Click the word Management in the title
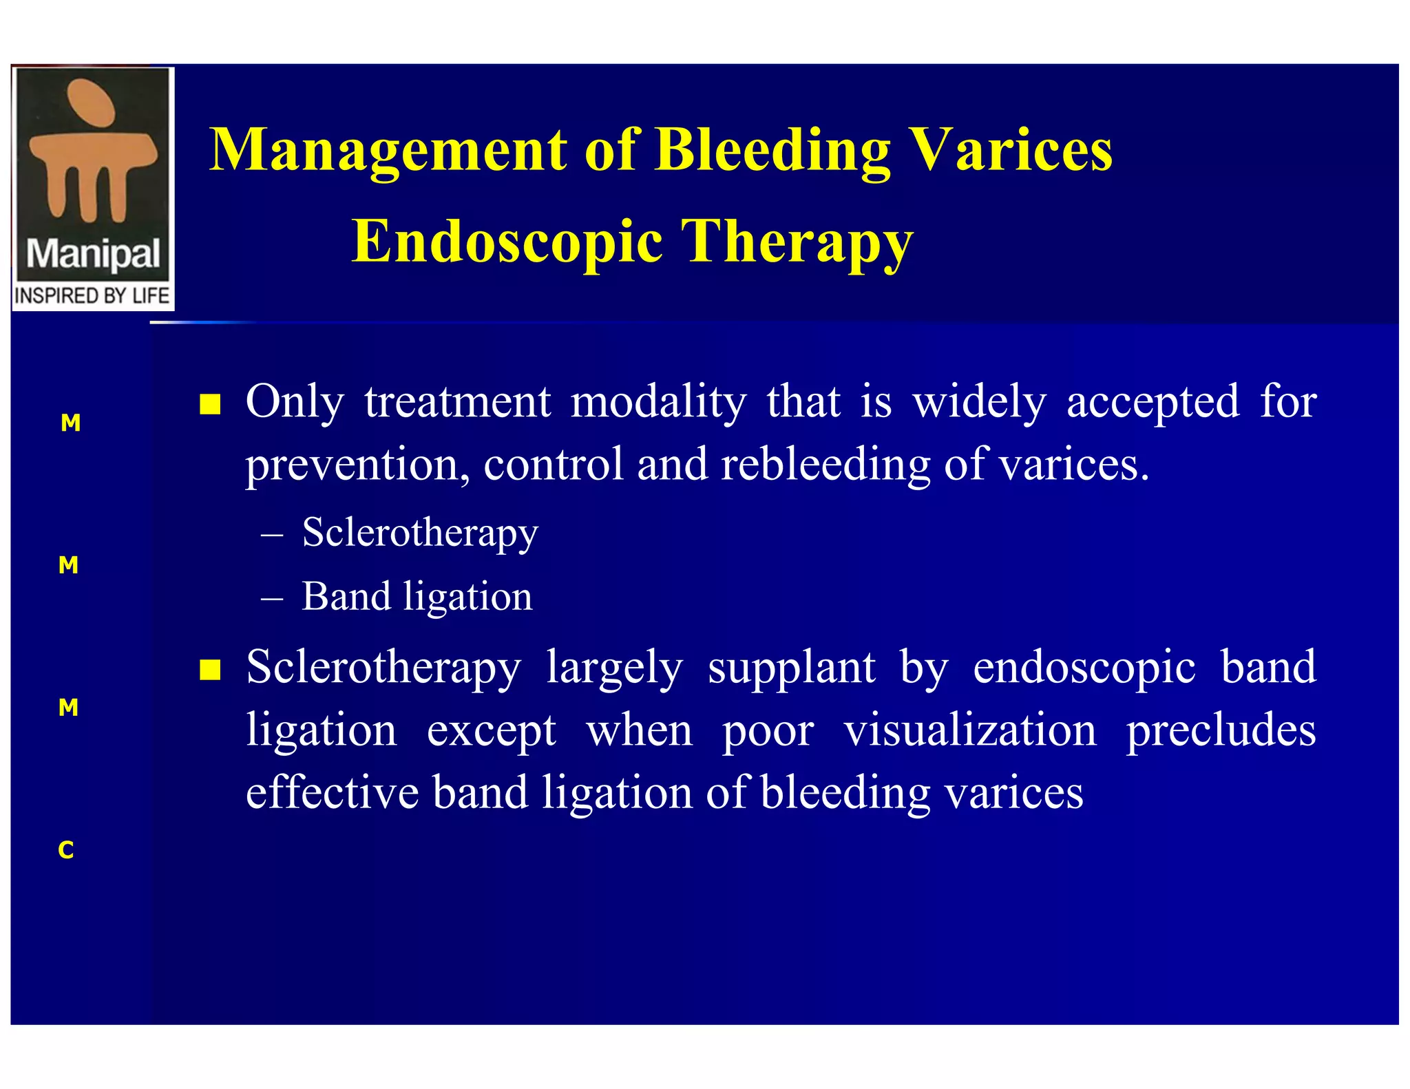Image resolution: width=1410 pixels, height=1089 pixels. [x=388, y=150]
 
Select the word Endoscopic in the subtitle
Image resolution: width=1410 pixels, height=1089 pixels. [x=507, y=242]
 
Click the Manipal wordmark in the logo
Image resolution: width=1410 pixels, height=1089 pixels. [x=93, y=255]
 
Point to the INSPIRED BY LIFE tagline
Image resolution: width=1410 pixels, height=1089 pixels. [x=92, y=296]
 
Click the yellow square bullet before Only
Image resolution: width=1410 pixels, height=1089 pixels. [x=210, y=404]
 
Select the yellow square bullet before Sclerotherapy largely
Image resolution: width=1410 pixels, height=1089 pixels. [x=210, y=669]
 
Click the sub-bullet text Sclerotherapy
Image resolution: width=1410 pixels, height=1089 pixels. [x=419, y=533]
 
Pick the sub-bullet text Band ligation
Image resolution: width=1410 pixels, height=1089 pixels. [x=417, y=596]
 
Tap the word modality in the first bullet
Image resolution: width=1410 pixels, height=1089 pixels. [x=658, y=402]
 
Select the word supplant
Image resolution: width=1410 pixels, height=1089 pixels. [x=792, y=668]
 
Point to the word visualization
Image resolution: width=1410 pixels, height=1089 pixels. [x=970, y=730]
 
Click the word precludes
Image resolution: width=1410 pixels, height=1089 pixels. [x=1221, y=730]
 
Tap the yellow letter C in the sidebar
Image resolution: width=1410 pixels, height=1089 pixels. [x=66, y=850]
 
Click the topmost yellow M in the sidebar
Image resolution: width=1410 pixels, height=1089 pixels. [x=70, y=423]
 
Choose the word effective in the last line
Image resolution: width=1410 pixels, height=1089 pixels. [x=332, y=793]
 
